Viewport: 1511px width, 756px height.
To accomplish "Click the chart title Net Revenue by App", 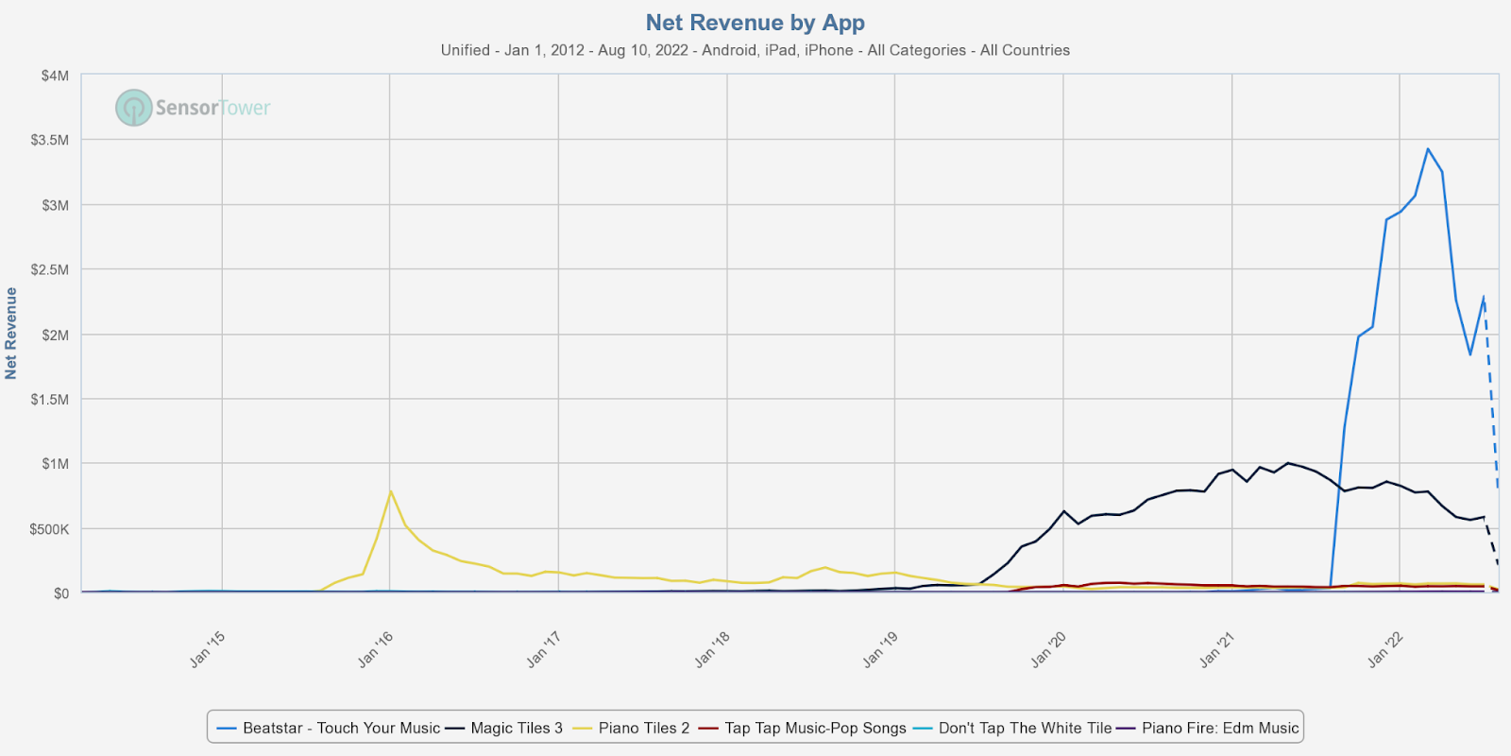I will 755,23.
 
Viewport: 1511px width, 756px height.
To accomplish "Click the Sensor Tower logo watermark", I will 194,108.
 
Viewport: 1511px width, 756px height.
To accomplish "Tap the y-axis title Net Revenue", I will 11,334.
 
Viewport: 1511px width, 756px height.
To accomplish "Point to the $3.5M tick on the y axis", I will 50,140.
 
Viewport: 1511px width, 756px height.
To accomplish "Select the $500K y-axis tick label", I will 50,529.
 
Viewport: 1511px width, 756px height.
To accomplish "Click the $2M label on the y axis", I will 55,335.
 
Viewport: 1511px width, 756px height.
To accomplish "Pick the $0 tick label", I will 60,593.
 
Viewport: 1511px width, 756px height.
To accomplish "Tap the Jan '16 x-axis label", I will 375,650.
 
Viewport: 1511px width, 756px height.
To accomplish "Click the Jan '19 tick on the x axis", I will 880,650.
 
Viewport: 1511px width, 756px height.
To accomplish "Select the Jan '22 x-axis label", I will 1385,650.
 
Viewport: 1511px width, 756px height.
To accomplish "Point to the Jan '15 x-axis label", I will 207,650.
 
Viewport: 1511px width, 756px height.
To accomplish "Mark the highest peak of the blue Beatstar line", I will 1428,148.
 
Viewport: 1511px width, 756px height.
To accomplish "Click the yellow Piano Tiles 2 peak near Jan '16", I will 391,490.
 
